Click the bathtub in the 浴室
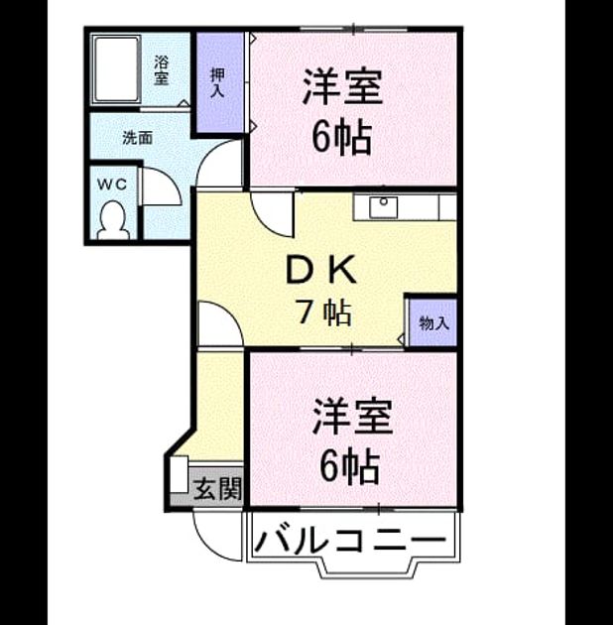tap(116, 69)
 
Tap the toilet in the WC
tap(114, 220)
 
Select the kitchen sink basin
tap(384, 207)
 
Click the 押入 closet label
tap(217, 82)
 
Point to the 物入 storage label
tap(433, 322)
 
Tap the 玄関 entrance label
tap(217, 489)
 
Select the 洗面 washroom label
tap(137, 138)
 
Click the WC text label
tap(112, 185)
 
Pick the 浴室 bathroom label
tap(162, 70)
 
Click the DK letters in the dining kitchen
tap(321, 270)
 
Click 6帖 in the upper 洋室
tap(342, 138)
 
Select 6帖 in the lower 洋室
tap(349, 465)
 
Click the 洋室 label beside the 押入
tap(342, 87)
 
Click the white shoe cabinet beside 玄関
tap(179, 474)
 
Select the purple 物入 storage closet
tap(432, 322)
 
